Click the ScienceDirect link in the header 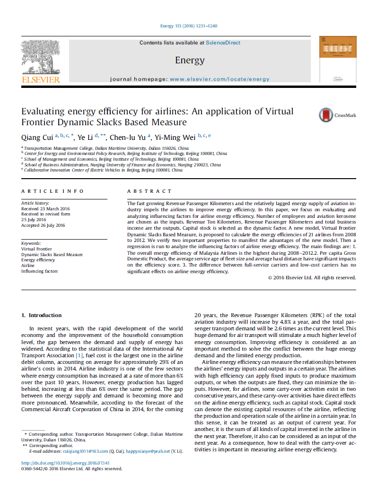(x=223, y=43)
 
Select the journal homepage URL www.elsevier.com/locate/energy (x=220, y=79)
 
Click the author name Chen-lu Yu (x=128, y=138)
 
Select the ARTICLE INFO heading (x=53, y=191)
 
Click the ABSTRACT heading (x=149, y=191)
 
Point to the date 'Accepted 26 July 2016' (x=43, y=225)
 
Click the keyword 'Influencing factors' (x=40, y=271)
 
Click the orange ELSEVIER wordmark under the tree (x=41, y=80)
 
